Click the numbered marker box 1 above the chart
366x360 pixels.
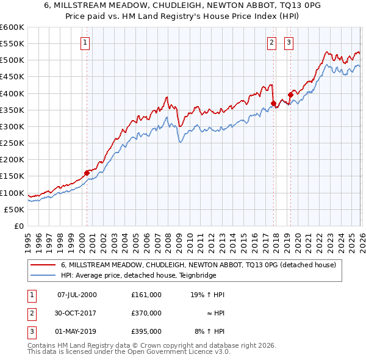click(x=84, y=42)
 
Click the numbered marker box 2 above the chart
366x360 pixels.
click(x=271, y=42)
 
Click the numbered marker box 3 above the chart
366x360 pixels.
click(x=288, y=42)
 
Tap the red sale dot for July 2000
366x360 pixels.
click(x=87, y=173)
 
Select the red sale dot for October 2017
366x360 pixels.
click(x=273, y=103)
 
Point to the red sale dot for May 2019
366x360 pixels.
click(x=290, y=95)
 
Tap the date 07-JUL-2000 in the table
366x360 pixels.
click(x=77, y=295)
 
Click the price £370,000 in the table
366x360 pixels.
click(x=146, y=313)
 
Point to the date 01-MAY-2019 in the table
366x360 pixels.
click(x=77, y=331)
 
